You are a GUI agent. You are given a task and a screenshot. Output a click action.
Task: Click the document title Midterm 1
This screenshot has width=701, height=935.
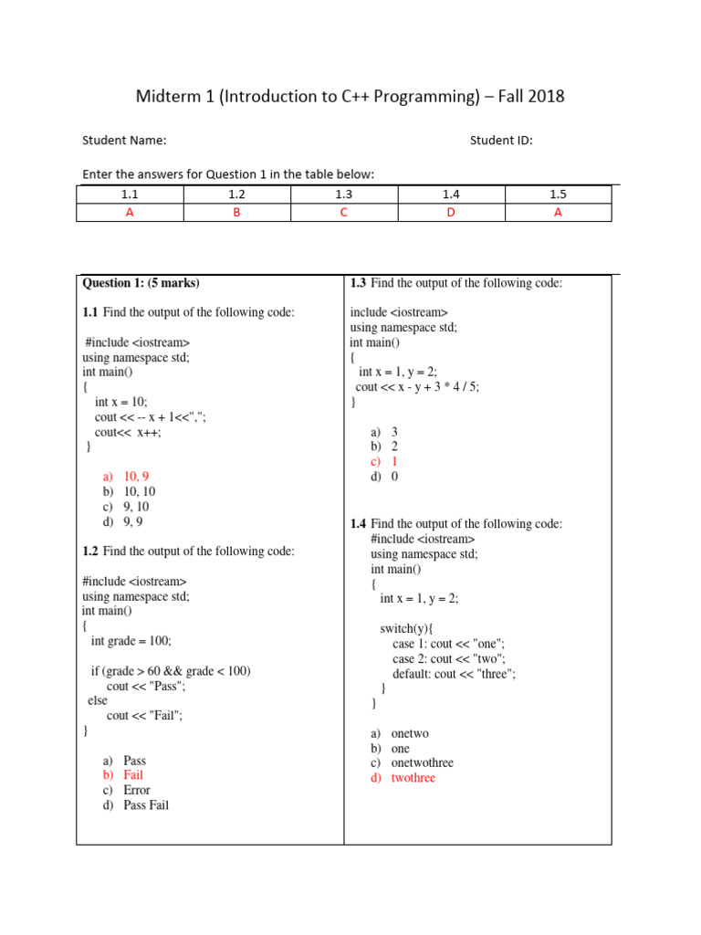[x=350, y=96]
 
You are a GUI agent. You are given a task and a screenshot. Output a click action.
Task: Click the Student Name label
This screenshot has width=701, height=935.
[x=124, y=141]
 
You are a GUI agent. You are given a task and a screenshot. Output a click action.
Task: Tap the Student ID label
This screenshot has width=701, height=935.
[x=501, y=141]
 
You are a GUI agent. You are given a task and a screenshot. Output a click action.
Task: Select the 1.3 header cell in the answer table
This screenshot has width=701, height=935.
[x=343, y=194]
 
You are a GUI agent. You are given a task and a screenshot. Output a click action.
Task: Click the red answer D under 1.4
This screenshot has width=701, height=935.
[x=450, y=212]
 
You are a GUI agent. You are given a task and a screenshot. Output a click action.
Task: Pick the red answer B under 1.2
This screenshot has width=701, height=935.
[x=236, y=212]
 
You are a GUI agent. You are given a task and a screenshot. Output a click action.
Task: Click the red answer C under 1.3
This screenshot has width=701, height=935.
[x=343, y=212]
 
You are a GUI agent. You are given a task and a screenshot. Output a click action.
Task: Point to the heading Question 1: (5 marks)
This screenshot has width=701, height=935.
[x=141, y=283]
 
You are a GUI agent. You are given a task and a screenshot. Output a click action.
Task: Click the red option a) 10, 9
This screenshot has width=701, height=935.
[x=126, y=477]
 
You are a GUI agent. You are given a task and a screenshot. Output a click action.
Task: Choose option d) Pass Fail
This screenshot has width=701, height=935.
[x=136, y=805]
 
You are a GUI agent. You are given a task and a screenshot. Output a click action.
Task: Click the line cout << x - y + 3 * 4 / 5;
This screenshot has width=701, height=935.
[x=417, y=387]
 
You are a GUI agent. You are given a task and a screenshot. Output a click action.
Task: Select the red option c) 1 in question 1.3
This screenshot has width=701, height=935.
[x=384, y=462]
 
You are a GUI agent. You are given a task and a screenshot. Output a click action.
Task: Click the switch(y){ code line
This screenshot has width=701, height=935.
[x=406, y=629]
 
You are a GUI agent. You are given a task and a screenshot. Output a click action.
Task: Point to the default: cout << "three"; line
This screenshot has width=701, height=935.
[x=454, y=674]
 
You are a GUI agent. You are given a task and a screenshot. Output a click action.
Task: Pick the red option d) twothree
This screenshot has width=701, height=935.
[x=403, y=778]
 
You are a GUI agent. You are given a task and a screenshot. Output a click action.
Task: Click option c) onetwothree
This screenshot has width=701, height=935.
[x=412, y=763]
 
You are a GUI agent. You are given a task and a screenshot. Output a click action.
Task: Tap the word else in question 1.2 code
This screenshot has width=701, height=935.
[x=97, y=701]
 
